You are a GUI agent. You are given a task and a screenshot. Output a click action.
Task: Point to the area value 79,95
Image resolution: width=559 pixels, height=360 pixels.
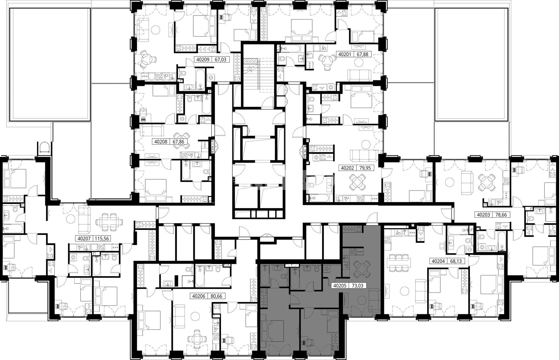[x=364, y=168]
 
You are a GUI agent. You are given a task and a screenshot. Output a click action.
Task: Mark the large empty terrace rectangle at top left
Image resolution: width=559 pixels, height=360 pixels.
[x=50, y=64]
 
